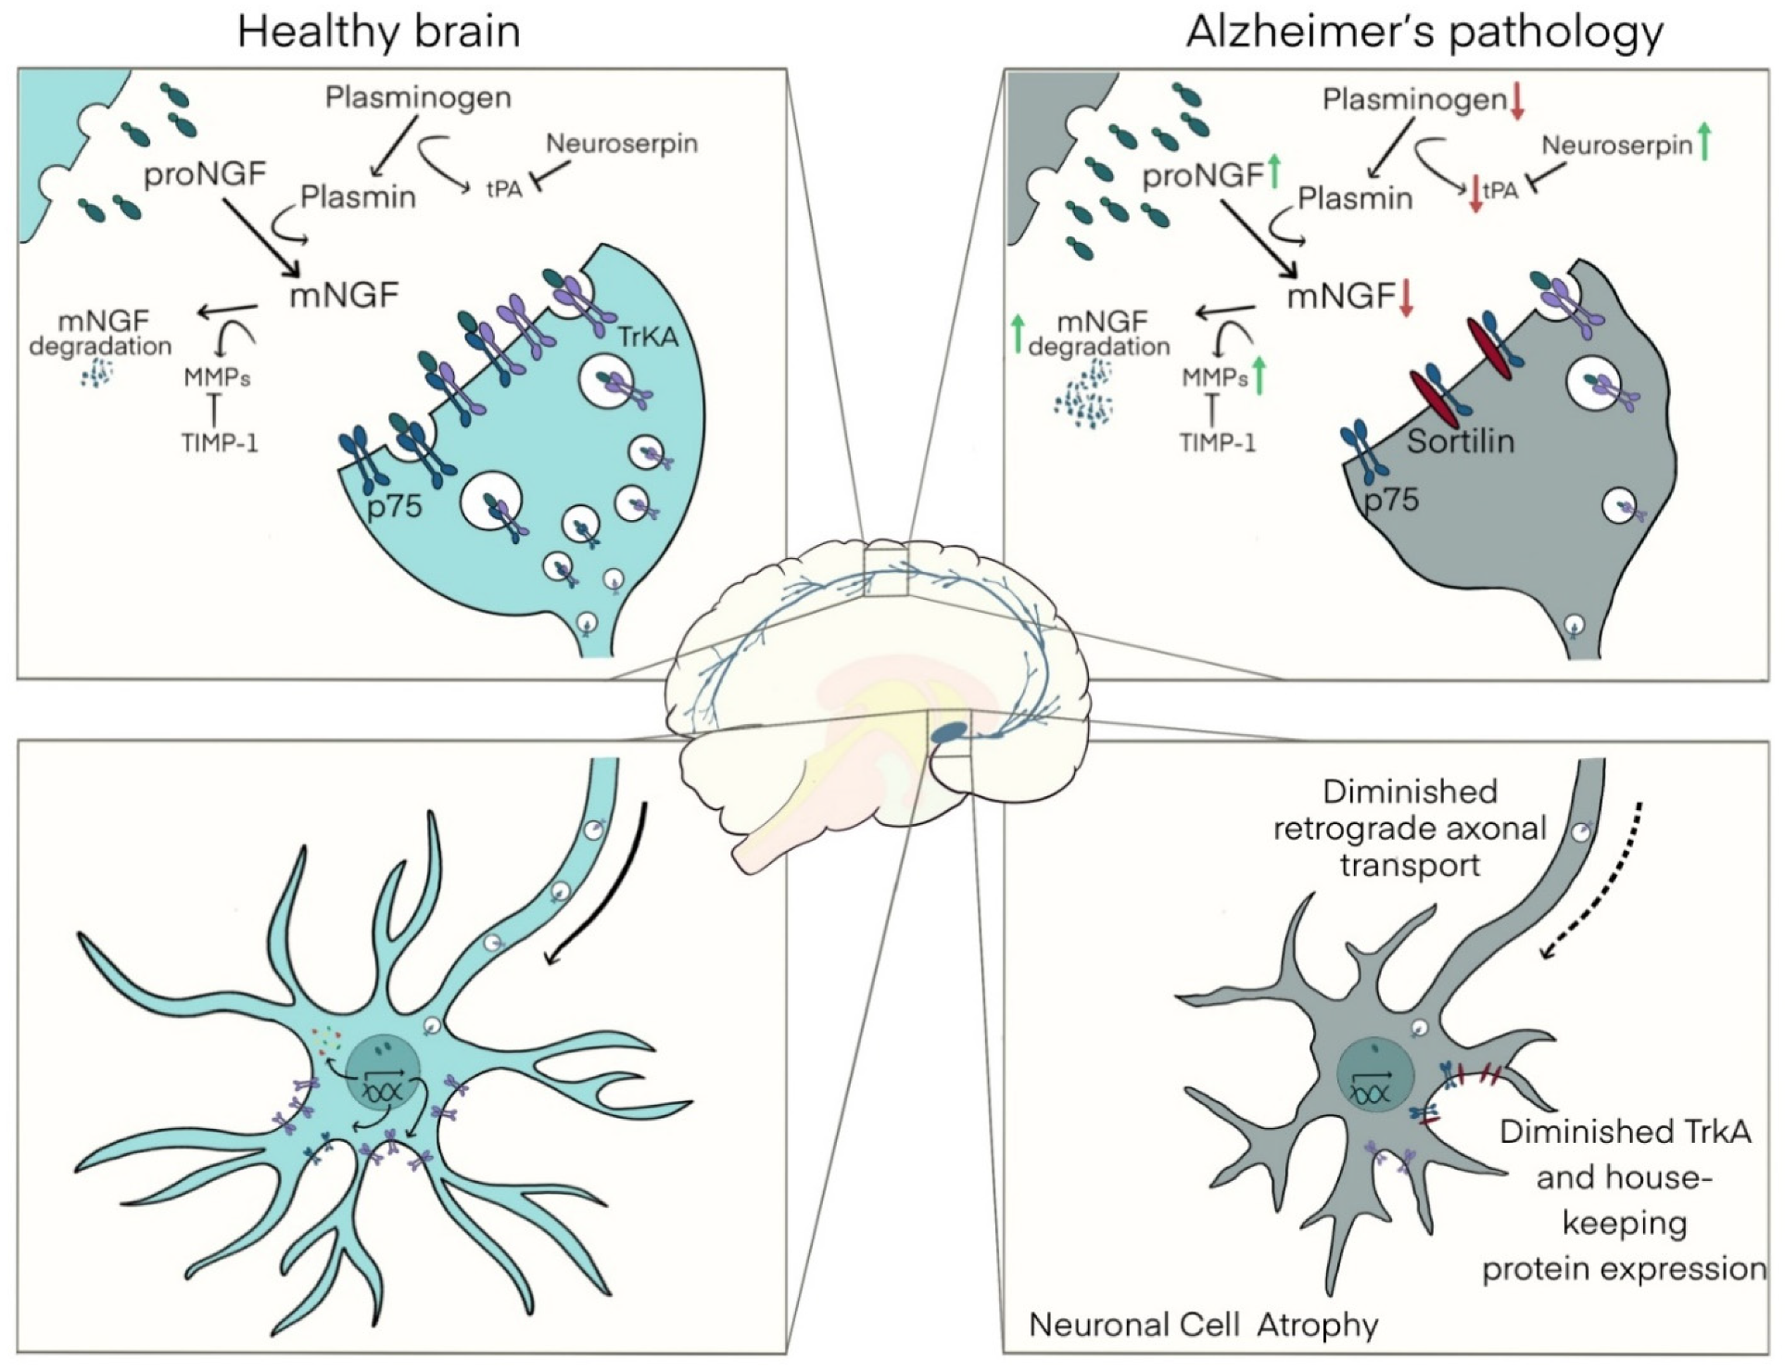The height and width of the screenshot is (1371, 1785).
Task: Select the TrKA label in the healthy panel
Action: [648, 336]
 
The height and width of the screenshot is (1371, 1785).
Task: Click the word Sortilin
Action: [1460, 440]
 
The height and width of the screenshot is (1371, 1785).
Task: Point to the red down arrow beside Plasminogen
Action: [1517, 100]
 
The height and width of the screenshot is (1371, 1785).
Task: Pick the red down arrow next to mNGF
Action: [1406, 298]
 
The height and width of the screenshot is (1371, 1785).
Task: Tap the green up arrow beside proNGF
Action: [1273, 171]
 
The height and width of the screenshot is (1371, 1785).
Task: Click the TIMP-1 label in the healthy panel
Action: [220, 442]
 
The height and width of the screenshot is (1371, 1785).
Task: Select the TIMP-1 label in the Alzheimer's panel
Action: [1217, 442]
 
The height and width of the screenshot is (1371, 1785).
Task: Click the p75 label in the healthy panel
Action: [394, 505]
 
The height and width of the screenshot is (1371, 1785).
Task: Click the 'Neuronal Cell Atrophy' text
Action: [1203, 1325]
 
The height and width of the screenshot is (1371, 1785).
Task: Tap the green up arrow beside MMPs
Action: [1258, 375]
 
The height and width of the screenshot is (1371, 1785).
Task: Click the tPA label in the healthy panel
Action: [504, 189]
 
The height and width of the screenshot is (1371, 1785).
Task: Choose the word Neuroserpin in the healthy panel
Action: [621, 144]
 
